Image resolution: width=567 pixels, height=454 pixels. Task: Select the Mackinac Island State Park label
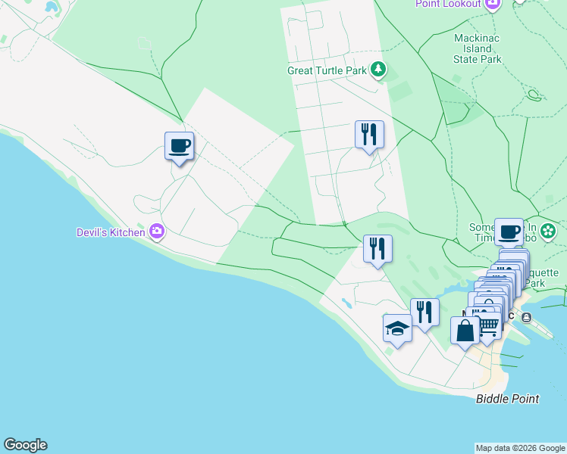[478, 48]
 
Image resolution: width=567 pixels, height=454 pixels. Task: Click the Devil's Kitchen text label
[111, 232]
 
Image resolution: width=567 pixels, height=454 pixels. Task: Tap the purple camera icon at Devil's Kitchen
[157, 232]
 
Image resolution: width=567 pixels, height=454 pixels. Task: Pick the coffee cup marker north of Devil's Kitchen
[180, 145]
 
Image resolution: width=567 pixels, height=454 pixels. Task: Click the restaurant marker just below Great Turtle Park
[369, 135]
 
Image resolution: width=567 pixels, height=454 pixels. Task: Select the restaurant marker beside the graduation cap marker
[424, 312]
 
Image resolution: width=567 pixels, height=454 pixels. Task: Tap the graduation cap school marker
[397, 328]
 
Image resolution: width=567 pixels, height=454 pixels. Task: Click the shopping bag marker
[465, 330]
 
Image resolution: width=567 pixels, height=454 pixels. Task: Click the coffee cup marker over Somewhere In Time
[509, 232]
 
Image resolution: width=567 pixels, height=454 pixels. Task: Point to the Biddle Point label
[507, 399]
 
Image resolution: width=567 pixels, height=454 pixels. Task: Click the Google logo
[25, 445]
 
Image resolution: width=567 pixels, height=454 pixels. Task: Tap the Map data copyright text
[520, 448]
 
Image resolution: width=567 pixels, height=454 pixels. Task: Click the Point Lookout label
[448, 4]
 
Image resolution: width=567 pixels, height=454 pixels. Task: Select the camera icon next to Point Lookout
[493, 4]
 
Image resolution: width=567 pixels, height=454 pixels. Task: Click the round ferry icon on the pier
[525, 318]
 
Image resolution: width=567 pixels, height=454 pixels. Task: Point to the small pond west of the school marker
[346, 303]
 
